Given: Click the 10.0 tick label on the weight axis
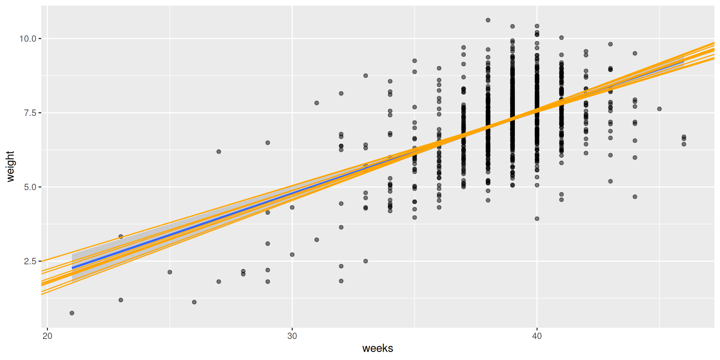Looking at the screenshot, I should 28,39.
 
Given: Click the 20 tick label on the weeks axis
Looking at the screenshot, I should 47,336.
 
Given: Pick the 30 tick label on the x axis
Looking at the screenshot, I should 292,336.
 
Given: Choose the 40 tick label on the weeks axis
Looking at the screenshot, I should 537,336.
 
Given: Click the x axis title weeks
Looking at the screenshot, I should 378,348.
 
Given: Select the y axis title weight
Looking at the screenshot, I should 10,166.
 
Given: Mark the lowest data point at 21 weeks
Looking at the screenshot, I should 72,313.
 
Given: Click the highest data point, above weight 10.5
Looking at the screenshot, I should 488,20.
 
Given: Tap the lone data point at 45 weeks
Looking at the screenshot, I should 659,109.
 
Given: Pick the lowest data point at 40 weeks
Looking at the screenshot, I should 537,219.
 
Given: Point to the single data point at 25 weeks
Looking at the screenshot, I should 170,272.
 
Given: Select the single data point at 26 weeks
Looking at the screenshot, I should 194,302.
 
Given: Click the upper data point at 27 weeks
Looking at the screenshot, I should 219,151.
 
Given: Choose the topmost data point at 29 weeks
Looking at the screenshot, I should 268,143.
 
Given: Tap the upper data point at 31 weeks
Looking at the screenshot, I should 316,103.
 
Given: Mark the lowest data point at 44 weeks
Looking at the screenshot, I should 635,197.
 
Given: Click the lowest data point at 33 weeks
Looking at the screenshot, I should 366,261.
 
